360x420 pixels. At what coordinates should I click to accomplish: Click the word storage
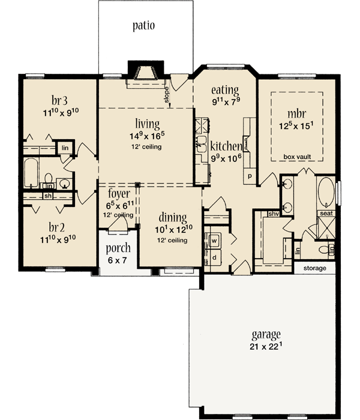click(314, 268)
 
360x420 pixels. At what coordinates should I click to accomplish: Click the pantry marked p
click(250, 178)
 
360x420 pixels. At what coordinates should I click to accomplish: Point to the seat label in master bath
click(326, 213)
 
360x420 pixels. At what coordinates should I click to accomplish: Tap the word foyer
click(119, 194)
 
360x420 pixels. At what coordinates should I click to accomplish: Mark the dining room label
click(173, 217)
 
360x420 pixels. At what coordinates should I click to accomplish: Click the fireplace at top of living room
click(146, 73)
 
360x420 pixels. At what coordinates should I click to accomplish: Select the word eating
click(225, 90)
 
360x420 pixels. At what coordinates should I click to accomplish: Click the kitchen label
click(226, 146)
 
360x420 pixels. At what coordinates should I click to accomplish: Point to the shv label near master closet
click(274, 214)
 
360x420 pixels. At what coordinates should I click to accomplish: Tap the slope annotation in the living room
click(167, 93)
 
